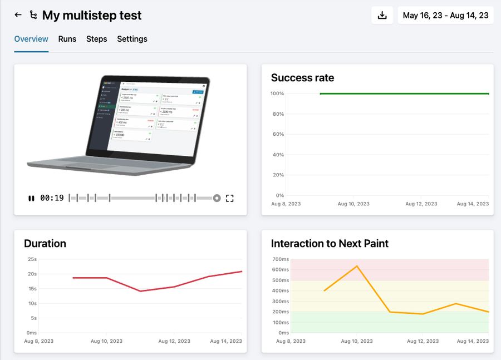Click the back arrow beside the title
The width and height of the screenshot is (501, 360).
coord(18,15)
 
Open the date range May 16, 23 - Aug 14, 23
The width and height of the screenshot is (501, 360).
coord(445,16)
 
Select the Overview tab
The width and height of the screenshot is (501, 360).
coord(31,39)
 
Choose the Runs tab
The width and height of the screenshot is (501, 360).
coord(67,39)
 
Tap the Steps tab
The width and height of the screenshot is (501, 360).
coord(96,39)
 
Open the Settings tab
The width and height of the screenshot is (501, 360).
coord(132,39)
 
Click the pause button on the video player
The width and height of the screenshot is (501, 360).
coord(31,198)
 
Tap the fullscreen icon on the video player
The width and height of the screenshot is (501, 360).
coord(230,198)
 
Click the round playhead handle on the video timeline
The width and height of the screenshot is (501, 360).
coord(217,198)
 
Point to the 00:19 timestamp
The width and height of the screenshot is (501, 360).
coord(52,198)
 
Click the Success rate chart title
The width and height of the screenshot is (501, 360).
coord(302,78)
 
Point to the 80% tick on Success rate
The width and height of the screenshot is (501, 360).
coord(278,114)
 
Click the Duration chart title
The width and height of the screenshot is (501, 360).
coord(45,244)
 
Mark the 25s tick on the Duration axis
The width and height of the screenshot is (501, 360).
coord(32,259)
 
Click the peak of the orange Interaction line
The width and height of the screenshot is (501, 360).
coord(357,266)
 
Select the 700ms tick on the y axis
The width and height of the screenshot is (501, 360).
coord(281,259)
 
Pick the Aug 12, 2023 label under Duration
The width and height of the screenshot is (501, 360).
coord(174,341)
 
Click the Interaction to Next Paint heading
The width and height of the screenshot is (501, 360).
coord(330,244)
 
